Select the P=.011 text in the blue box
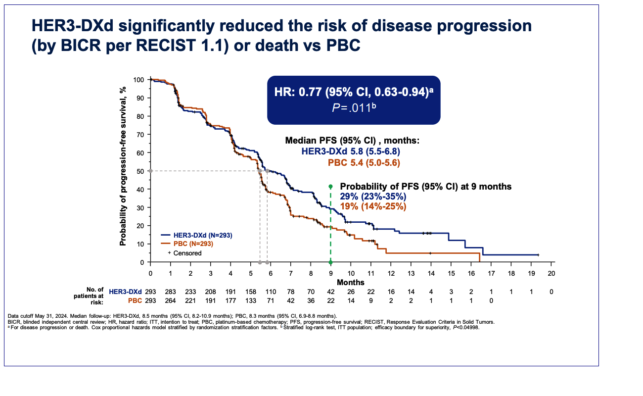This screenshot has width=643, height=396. click(353, 107)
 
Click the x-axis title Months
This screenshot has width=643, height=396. click(351, 282)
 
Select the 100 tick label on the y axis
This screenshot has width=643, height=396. click(138, 80)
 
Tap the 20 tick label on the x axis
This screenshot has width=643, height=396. click(551, 273)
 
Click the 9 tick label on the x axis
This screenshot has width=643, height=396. click(331, 273)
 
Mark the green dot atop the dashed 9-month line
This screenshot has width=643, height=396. click(330, 187)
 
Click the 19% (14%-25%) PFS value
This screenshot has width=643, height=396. click(373, 206)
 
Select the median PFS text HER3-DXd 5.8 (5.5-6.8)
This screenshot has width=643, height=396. click(351, 151)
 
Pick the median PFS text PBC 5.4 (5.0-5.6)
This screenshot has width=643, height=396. click(364, 162)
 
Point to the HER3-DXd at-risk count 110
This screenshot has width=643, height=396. click(271, 292)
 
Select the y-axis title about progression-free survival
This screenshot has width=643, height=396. click(123, 166)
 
